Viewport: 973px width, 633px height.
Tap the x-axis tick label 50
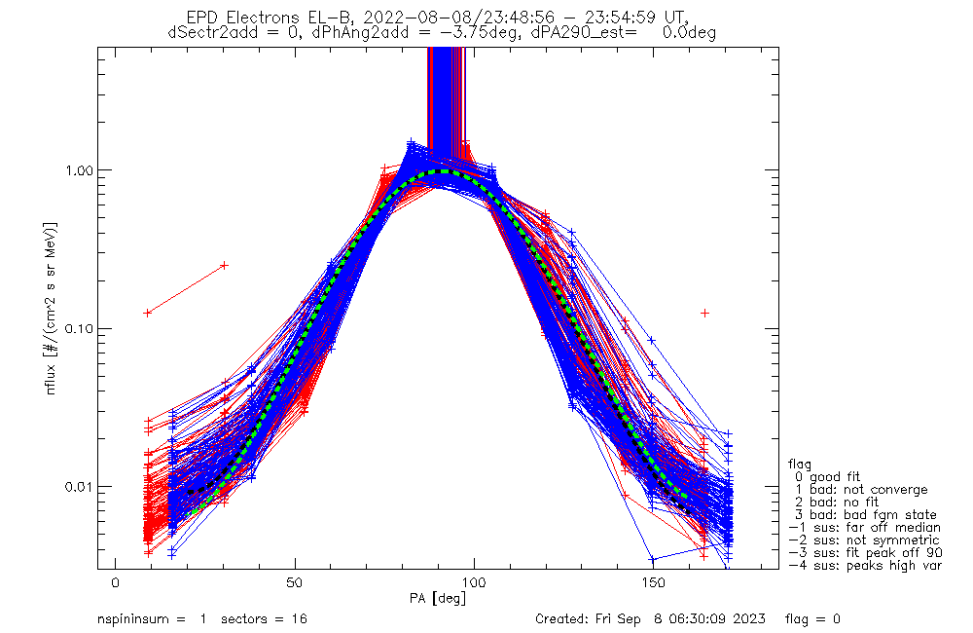[x=294, y=582]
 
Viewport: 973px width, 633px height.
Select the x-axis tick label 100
[x=474, y=582]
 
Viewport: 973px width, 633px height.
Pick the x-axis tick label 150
[x=653, y=582]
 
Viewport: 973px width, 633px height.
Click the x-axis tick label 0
[x=116, y=582]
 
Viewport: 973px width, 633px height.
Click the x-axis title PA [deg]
[x=438, y=599]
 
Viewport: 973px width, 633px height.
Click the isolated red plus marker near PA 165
[x=704, y=313]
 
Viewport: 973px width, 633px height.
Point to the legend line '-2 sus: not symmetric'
[x=864, y=540]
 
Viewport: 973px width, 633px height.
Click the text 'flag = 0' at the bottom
[x=812, y=618]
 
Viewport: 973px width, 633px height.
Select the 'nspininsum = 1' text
[x=152, y=618]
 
